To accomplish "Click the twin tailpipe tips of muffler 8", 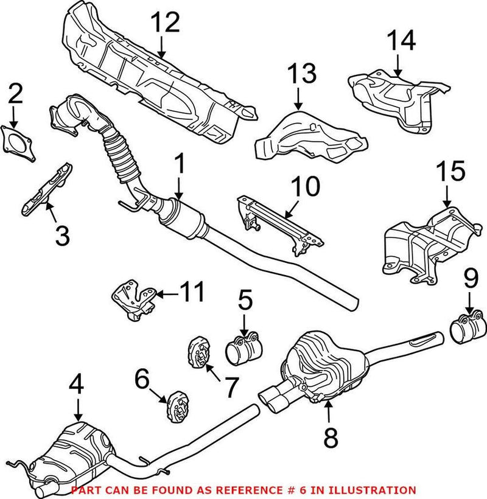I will pos(274,399).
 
